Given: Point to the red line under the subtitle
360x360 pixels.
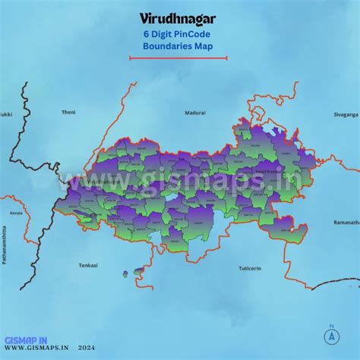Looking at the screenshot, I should pos(173,57).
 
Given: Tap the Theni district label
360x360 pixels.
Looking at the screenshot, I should pos(68,112).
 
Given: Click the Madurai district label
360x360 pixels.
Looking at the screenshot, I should pos(195,112).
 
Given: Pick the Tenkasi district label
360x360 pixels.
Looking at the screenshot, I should pos(88,265).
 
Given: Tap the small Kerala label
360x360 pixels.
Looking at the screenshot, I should pos(16,213).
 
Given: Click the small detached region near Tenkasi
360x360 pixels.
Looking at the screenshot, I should pos(137,270).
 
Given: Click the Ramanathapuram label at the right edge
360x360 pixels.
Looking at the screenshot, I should pos(346,223).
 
